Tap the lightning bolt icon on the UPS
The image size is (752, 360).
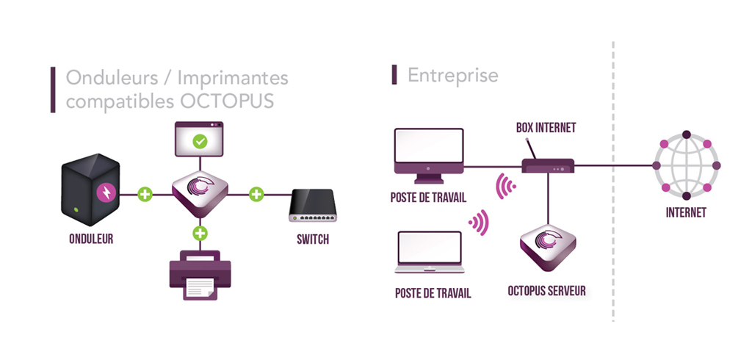[107, 193]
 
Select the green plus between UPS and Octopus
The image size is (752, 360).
[145, 195]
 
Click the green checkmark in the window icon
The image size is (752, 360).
[200, 140]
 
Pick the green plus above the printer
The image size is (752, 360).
[200, 234]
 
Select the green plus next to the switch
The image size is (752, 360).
[256, 195]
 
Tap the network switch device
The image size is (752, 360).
[313, 206]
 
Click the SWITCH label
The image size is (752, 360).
[313, 240]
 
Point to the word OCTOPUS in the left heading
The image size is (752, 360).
[233, 101]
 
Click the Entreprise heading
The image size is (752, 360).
[452, 75]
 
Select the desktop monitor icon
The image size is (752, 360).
[430, 155]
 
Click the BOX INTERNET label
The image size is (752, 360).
[546, 128]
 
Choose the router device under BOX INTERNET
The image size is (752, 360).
[548, 165]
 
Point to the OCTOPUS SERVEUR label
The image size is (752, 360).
[547, 291]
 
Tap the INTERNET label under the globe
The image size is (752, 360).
[686, 213]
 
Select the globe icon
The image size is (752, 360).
[686, 165]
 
